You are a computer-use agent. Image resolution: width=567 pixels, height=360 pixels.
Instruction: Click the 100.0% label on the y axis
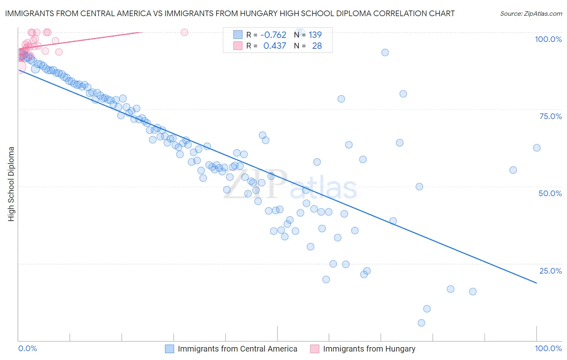(x=548, y=39)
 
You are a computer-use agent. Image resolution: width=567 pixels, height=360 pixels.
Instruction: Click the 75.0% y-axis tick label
(x=550, y=116)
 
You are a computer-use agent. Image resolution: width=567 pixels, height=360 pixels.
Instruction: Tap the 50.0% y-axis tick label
(x=550, y=193)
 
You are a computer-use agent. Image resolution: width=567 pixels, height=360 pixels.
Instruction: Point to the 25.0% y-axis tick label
(x=550, y=271)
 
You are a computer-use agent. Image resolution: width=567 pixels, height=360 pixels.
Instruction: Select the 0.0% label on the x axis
(x=27, y=348)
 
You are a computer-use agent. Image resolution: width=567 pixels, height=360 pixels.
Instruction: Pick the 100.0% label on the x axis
(x=548, y=348)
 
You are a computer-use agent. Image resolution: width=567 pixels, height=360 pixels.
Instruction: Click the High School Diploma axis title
(x=11, y=184)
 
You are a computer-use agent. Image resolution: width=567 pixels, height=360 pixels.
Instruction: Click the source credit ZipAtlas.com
(x=531, y=14)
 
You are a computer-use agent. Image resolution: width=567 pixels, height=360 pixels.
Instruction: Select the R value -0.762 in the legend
(x=273, y=35)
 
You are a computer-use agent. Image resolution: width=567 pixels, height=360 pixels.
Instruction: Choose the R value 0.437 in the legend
(x=275, y=46)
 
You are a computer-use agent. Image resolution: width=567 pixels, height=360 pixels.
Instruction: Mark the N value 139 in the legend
(x=315, y=35)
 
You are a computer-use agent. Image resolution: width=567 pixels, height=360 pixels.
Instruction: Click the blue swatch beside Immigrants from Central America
(x=169, y=349)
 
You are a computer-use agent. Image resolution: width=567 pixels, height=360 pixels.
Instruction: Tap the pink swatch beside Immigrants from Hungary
(x=315, y=349)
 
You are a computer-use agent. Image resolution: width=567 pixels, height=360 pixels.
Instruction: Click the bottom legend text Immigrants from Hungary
(x=369, y=349)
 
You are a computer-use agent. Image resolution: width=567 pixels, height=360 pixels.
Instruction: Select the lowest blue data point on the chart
(x=421, y=323)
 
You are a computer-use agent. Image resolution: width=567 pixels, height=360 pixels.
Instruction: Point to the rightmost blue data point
(x=537, y=148)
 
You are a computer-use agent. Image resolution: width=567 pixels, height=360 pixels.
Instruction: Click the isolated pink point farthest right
(x=184, y=32)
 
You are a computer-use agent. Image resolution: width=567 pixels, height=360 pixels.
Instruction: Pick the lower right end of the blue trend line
(x=536, y=283)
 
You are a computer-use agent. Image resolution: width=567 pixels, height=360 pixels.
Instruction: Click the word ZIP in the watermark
(x=254, y=185)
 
